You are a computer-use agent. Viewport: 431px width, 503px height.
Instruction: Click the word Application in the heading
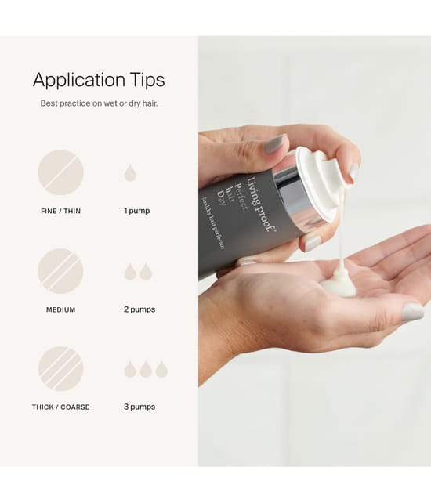[79, 80]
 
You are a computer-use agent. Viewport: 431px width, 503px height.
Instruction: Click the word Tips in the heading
[147, 80]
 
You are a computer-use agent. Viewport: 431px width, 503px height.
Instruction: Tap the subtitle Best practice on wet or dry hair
[99, 103]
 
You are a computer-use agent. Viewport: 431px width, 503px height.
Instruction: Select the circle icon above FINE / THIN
[60, 172]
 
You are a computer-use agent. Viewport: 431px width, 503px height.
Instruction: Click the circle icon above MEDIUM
[60, 271]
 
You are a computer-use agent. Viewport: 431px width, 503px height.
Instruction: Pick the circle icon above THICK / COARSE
[60, 369]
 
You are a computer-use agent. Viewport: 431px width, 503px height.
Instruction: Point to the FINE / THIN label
[60, 211]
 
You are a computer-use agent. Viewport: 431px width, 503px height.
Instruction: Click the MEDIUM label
[60, 310]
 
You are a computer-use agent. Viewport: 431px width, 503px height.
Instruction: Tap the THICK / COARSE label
[60, 407]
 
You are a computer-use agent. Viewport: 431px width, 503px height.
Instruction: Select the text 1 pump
[136, 211]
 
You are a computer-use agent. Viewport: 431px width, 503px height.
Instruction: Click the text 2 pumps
[139, 309]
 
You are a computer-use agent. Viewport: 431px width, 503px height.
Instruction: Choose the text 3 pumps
[139, 407]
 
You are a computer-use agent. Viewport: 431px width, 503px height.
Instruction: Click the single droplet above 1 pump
[130, 173]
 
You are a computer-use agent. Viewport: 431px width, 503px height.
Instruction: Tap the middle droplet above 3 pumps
[146, 369]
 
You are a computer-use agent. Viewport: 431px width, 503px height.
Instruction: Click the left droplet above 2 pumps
[129, 272]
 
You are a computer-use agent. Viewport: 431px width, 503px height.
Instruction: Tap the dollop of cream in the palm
[339, 284]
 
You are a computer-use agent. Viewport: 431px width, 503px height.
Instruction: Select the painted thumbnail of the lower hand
[412, 311]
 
